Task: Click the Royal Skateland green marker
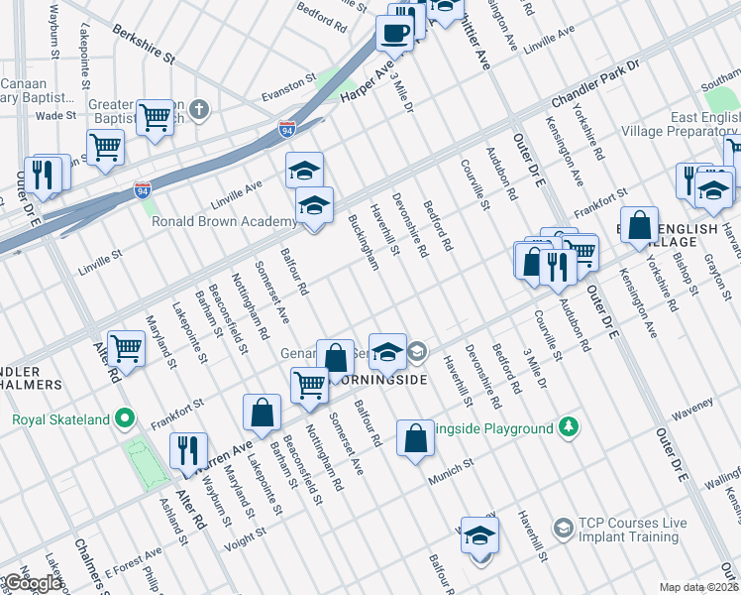click(x=125, y=419)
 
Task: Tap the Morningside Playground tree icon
click(x=569, y=427)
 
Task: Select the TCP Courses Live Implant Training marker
click(x=563, y=526)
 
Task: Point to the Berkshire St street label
click(x=144, y=45)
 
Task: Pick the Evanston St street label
click(x=287, y=88)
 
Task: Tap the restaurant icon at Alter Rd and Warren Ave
click(x=187, y=450)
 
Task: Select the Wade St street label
click(x=56, y=116)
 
